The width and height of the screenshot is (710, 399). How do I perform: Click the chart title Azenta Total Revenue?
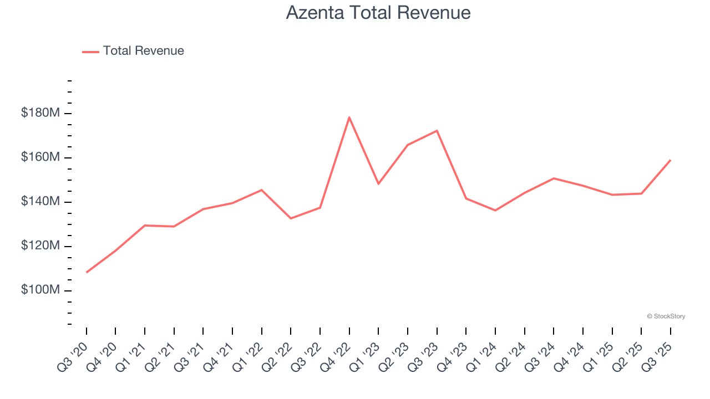(378, 13)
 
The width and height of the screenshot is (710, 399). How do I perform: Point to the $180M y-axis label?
(40, 113)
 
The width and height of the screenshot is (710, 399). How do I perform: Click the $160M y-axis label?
(40, 157)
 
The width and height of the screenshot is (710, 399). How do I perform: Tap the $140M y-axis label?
(40, 202)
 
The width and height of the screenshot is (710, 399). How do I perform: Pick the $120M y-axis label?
(40, 246)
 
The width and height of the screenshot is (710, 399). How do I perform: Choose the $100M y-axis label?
(40, 290)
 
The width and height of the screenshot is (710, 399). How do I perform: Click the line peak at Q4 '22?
(349, 117)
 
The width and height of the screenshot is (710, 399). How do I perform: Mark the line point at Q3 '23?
(437, 131)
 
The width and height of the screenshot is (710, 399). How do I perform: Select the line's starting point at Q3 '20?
(87, 272)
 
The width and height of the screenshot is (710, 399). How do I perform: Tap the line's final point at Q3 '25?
(670, 160)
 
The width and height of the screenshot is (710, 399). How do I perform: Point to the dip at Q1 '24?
(495, 211)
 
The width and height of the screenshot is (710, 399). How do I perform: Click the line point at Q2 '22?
(291, 218)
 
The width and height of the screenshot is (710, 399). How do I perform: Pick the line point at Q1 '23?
(378, 183)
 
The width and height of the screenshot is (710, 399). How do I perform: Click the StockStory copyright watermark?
(666, 316)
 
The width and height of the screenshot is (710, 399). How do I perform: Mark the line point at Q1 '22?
(262, 190)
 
